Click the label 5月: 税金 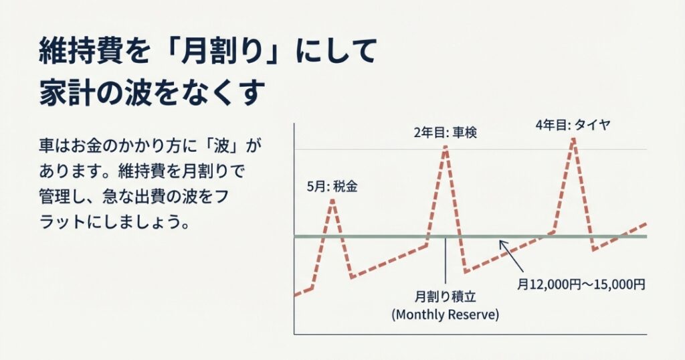pyautogui.click(x=331, y=187)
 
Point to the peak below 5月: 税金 pyautogui.click(x=332, y=200)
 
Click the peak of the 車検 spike pyautogui.click(x=446, y=147)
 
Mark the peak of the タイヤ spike pyautogui.click(x=573, y=139)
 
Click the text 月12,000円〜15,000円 pyautogui.click(x=581, y=284)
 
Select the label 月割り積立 pyautogui.click(x=444, y=296)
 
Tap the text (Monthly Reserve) pyautogui.click(x=445, y=314)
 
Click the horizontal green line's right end pyautogui.click(x=645, y=236)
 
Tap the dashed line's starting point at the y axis pyautogui.click(x=296, y=294)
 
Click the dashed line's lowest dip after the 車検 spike pyautogui.click(x=465, y=272)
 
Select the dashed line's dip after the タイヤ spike pyautogui.click(x=593, y=250)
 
